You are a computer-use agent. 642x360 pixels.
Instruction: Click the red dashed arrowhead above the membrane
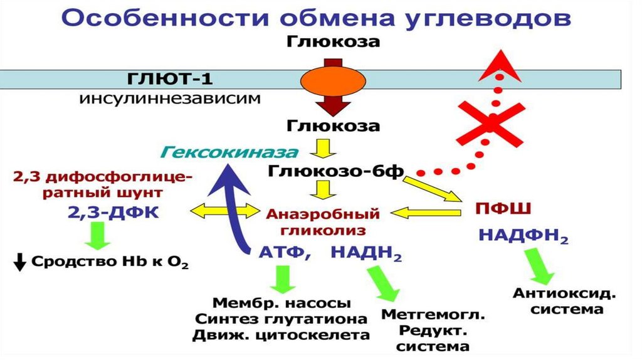(x=498, y=66)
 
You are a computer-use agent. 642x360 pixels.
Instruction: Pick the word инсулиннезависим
(x=169, y=100)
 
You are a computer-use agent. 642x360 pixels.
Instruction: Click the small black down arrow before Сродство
(x=20, y=262)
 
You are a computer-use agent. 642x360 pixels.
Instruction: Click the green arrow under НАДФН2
(x=540, y=267)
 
